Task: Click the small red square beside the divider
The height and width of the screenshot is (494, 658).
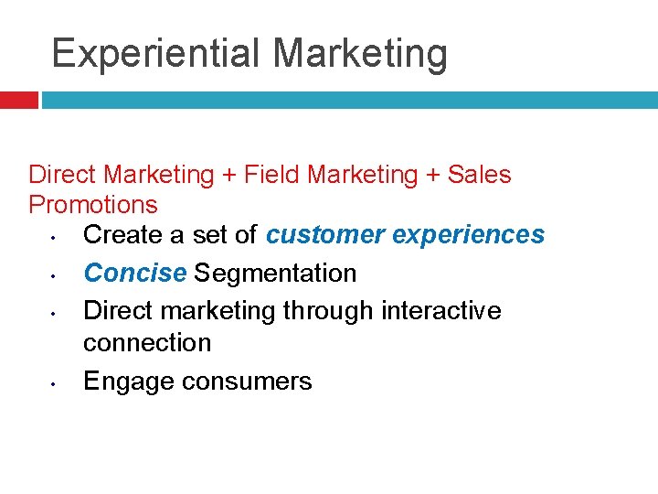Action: tap(18, 100)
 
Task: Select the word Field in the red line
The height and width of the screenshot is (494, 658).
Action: tap(275, 174)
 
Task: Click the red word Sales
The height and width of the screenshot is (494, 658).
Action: tap(479, 174)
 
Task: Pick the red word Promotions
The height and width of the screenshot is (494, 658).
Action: tap(93, 204)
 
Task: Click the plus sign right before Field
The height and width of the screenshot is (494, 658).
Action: tap(230, 175)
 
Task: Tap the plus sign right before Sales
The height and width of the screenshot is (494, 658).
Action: tap(433, 175)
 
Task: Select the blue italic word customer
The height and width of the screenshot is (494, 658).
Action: tap(324, 235)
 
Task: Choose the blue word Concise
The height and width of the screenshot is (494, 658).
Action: tap(135, 273)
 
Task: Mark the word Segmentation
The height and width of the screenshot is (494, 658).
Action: tap(275, 273)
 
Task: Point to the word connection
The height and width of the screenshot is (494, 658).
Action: tap(147, 343)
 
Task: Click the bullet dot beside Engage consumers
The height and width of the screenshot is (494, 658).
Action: tap(55, 384)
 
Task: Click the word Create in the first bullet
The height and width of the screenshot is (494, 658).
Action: tap(124, 235)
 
